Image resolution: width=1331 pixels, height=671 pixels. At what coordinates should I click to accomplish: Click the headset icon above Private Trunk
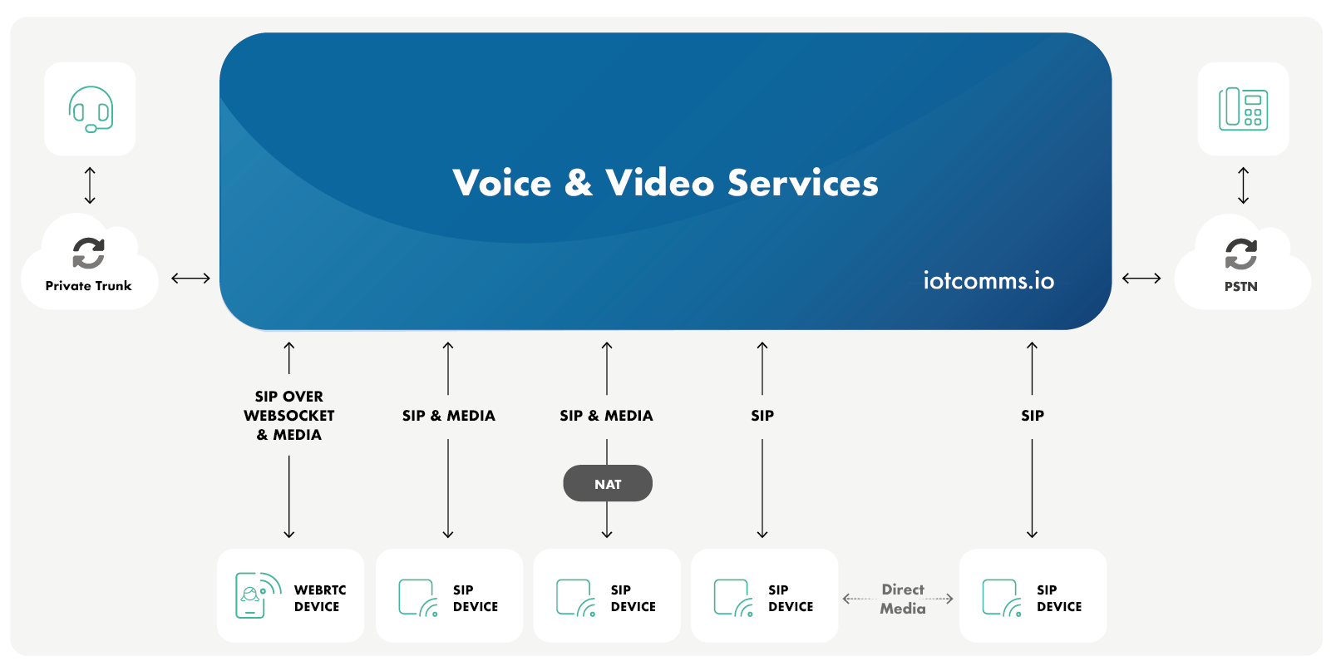[91, 109]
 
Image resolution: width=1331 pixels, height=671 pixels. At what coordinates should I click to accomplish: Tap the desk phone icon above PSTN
[1243, 109]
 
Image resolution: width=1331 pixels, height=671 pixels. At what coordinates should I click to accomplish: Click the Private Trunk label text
[88, 286]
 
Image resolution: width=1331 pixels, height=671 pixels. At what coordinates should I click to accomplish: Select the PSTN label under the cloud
[1240, 287]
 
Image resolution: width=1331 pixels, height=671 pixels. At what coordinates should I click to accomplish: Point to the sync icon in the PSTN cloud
[1240, 254]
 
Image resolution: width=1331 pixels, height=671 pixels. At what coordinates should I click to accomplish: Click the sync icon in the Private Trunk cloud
[88, 253]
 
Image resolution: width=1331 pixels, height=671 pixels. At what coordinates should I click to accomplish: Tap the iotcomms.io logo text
[988, 281]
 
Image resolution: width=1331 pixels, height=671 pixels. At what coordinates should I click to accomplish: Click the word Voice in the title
[501, 183]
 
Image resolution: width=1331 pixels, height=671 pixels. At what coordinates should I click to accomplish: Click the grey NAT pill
[608, 484]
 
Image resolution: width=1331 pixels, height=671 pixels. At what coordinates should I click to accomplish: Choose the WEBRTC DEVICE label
[319, 598]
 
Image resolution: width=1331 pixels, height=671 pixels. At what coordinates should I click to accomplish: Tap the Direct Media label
[903, 599]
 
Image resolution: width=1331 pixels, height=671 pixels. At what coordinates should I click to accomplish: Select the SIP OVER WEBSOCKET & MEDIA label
[288, 416]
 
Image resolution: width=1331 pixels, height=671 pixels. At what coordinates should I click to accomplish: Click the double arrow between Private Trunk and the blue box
[190, 278]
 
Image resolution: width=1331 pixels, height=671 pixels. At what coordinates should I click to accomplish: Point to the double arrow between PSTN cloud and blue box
[1141, 278]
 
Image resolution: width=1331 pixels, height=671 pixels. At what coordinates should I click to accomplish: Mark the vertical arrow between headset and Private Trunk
[91, 185]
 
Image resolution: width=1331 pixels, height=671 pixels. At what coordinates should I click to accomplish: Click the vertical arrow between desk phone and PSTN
[1243, 185]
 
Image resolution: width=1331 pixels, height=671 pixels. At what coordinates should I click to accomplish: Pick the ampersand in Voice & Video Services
[578, 183]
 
